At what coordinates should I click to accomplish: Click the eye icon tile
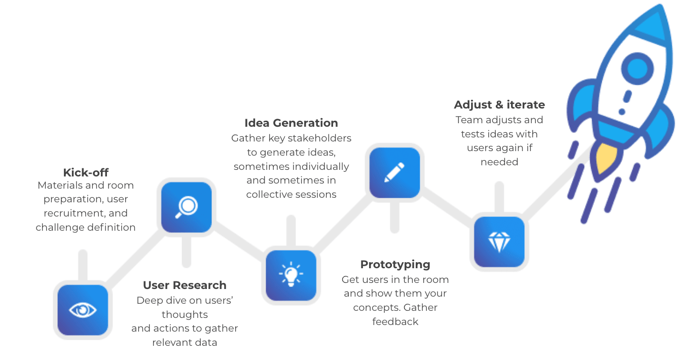(x=83, y=310)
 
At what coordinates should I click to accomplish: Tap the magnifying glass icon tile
(x=186, y=207)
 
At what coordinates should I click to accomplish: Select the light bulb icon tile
(x=291, y=275)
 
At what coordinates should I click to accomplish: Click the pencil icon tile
(x=394, y=173)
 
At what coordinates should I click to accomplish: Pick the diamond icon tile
(x=499, y=242)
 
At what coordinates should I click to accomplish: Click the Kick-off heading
(x=86, y=172)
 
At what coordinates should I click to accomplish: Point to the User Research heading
(x=185, y=285)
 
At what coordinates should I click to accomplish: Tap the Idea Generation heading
(x=291, y=123)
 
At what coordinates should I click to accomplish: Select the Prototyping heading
(x=395, y=265)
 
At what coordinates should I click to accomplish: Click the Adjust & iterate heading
(x=499, y=105)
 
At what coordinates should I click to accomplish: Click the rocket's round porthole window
(x=637, y=68)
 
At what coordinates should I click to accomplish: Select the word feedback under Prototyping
(x=395, y=321)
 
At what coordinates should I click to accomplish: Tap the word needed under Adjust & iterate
(x=499, y=162)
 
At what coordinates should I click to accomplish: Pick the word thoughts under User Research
(x=185, y=314)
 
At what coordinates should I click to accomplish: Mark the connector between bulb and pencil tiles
(x=343, y=224)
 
